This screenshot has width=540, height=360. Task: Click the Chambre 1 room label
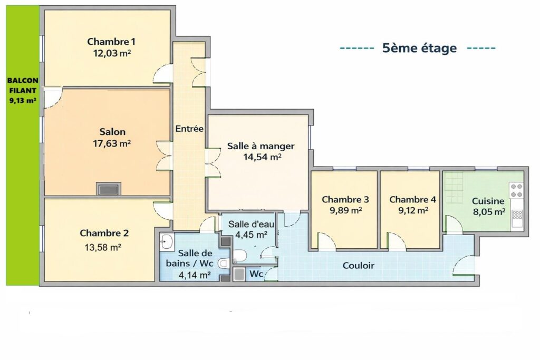pyautogui.click(x=111, y=42)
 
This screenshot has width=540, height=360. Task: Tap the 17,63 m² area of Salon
pyautogui.click(x=112, y=143)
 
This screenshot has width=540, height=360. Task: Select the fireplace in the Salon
pyautogui.click(x=109, y=189)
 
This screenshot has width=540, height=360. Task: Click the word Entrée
pyautogui.click(x=189, y=129)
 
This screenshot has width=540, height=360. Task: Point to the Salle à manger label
pyautogui.click(x=261, y=147)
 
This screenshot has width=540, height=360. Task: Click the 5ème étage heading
pyautogui.click(x=419, y=48)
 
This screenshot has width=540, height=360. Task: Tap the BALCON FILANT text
pyautogui.click(x=23, y=86)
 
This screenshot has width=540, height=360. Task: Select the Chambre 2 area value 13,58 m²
pyautogui.click(x=103, y=247)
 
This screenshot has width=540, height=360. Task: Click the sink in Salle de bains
pyautogui.click(x=167, y=241)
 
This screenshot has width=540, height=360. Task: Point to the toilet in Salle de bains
pyautogui.click(x=224, y=264)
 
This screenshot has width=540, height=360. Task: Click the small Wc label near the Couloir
pyautogui.click(x=256, y=274)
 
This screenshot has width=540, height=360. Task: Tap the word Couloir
pyautogui.click(x=359, y=265)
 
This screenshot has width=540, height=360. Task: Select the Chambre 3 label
pyautogui.click(x=345, y=200)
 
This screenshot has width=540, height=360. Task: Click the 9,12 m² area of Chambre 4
pyautogui.click(x=413, y=210)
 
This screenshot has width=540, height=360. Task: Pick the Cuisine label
pyautogui.click(x=488, y=201)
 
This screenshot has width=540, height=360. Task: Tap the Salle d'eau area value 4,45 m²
pyautogui.click(x=252, y=235)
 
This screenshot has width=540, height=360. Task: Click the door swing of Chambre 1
pyautogui.click(x=162, y=73)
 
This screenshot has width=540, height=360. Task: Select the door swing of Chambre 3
pyautogui.click(x=326, y=241)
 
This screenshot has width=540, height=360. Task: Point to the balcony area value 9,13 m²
pyautogui.click(x=23, y=101)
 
